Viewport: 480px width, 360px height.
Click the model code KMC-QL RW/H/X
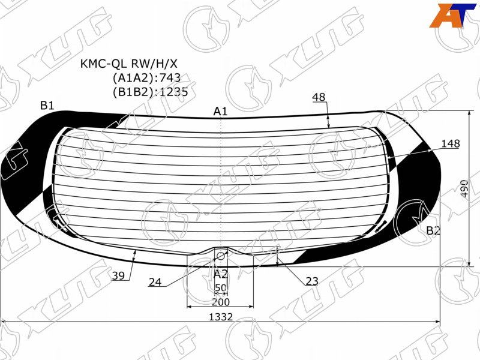(128, 64)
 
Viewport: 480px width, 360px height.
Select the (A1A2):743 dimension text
(146, 78)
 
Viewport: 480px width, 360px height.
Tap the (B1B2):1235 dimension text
(150, 92)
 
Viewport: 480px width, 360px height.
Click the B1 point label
(47, 106)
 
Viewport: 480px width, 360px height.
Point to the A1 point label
(220, 111)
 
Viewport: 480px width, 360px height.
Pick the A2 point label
(220, 274)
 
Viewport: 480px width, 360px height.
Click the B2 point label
(433, 230)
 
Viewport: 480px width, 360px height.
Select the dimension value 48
(319, 97)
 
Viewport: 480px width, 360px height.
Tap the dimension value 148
(451, 143)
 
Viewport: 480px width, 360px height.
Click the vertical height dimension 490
(464, 188)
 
